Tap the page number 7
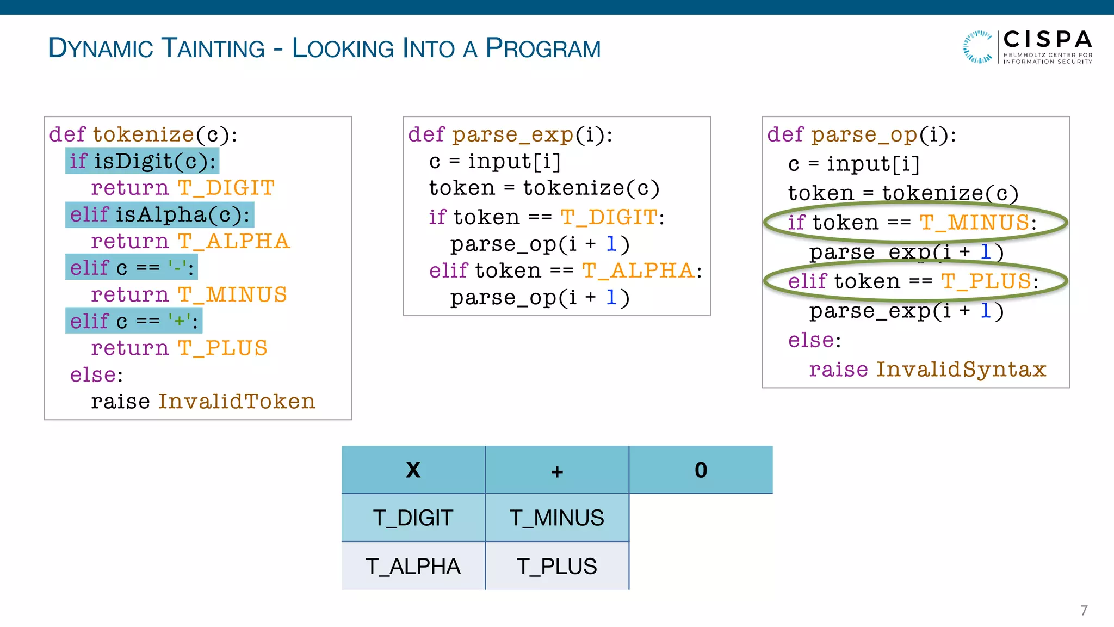(1084, 610)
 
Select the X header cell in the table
(413, 470)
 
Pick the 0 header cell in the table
(701, 470)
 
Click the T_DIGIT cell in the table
(413, 518)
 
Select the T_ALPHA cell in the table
(413, 566)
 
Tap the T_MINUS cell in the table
(556, 518)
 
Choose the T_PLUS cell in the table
(556, 566)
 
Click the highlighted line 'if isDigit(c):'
(143, 161)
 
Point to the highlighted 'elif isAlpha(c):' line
(159, 214)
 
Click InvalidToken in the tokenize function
(236, 402)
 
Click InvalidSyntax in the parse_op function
(961, 370)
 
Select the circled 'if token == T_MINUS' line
(912, 223)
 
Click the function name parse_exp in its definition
(512, 135)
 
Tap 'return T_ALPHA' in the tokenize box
(190, 241)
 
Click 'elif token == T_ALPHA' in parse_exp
(565, 271)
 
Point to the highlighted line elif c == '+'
(133, 321)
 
